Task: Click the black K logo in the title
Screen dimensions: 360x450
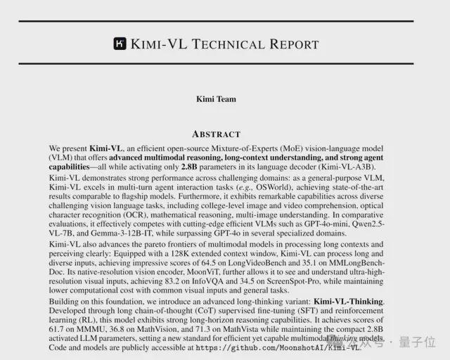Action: [x=120, y=44]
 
